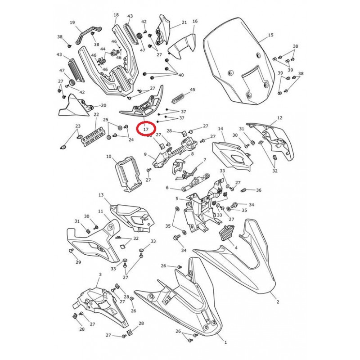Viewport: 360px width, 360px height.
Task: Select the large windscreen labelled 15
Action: (x=239, y=60)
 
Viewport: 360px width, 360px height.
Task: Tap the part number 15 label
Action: (x=271, y=35)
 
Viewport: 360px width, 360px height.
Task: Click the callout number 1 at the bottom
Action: (x=225, y=342)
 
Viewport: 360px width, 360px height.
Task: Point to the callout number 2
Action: (x=278, y=302)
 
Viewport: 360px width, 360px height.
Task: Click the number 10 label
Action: (x=109, y=156)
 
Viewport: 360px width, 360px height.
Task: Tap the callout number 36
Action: (x=259, y=190)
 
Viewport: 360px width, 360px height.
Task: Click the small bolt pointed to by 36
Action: (x=244, y=190)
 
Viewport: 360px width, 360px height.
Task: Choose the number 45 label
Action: (x=193, y=89)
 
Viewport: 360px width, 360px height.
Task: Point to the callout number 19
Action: (x=72, y=22)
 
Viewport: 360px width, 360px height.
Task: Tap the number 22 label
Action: (x=96, y=114)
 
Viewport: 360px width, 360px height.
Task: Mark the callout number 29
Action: (x=78, y=262)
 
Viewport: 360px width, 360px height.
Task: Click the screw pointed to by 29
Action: (x=71, y=251)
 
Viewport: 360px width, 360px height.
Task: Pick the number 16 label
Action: (x=195, y=21)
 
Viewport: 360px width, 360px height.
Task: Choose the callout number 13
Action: (x=101, y=195)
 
